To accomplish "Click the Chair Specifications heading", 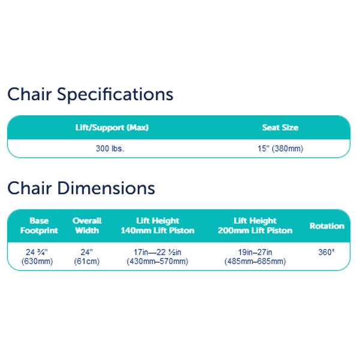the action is (x=90, y=94).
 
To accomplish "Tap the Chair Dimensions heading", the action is (x=81, y=188).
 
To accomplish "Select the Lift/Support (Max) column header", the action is (x=112, y=127).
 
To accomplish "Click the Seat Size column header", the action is (x=280, y=127).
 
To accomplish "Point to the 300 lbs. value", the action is (x=110, y=149).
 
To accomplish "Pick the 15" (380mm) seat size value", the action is (x=280, y=149).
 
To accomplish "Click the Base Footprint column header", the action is (x=39, y=226).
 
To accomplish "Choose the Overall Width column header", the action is (x=87, y=226).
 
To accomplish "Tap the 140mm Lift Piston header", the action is (x=157, y=230).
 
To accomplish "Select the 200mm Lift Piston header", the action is (x=255, y=230).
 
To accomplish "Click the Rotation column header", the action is (x=327, y=226).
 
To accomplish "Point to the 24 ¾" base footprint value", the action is (x=37, y=252).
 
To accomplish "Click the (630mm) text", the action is (x=37, y=261).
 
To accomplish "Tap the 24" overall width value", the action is (x=86, y=252).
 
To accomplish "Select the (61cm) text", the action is (x=86, y=261).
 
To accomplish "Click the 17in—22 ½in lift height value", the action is (x=157, y=252).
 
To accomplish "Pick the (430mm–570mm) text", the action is (x=157, y=261).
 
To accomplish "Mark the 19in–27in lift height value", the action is (x=255, y=252).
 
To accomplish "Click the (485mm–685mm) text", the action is (x=255, y=261).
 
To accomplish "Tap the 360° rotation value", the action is (x=326, y=252).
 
